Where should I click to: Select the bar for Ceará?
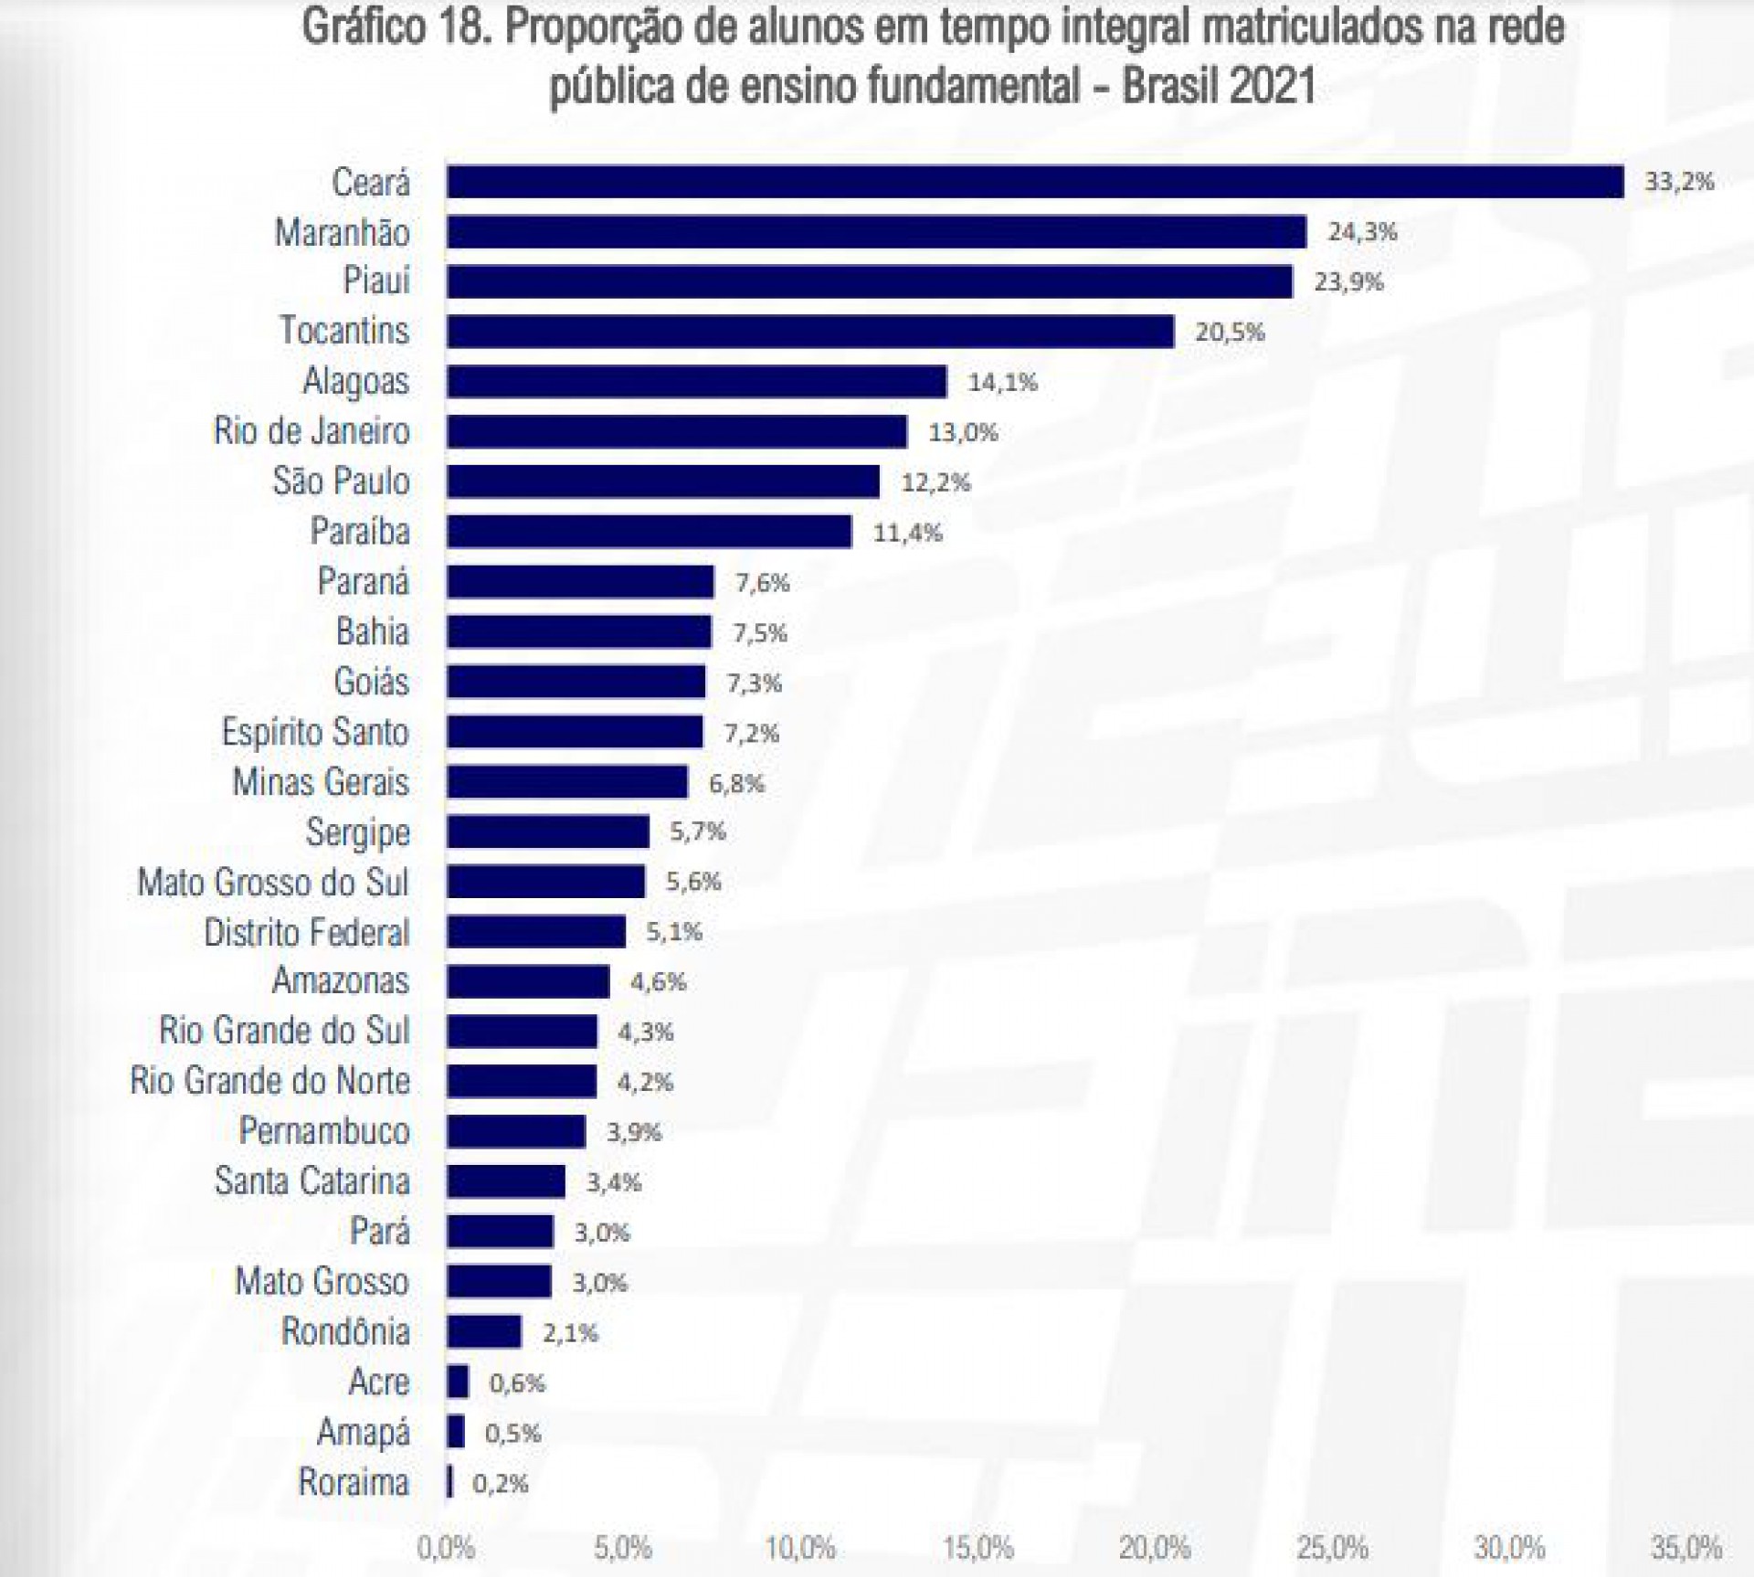pyautogui.click(x=1034, y=182)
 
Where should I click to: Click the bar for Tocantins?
pyautogui.click(x=810, y=332)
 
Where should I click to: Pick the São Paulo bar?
pyautogui.click(x=663, y=482)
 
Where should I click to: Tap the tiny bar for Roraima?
pyautogui.click(x=449, y=1481)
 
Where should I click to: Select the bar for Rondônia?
pyautogui.click(x=484, y=1331)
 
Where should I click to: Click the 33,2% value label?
pyautogui.click(x=1679, y=182)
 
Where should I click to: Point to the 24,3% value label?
pyautogui.click(x=1362, y=232)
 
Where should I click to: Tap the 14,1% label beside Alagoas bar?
pyautogui.click(x=1002, y=382)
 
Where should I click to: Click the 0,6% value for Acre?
pyautogui.click(x=517, y=1382)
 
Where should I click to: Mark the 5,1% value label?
pyautogui.click(x=674, y=932)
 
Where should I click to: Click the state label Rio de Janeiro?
pyautogui.click(x=312, y=431)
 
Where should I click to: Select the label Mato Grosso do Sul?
pyautogui.click(x=273, y=883)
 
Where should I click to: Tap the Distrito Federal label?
pyautogui.click(x=307, y=933)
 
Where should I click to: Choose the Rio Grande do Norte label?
pyautogui.click(x=270, y=1082)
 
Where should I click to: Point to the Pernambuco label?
pyautogui.click(x=324, y=1132)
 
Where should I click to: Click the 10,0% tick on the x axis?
pyautogui.click(x=800, y=1548)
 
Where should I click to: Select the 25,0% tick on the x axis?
pyautogui.click(x=1332, y=1548)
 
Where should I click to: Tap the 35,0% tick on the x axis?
pyautogui.click(x=1686, y=1548)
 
